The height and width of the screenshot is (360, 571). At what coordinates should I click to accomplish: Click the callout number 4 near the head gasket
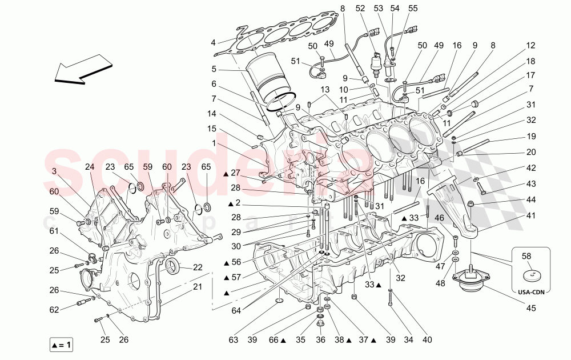pos(213,42)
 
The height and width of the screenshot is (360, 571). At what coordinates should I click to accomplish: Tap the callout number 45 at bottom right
pos(531,309)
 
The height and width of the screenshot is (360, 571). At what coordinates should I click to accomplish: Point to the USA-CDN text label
pos(531,292)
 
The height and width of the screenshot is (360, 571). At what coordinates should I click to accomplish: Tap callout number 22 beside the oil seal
pos(198,267)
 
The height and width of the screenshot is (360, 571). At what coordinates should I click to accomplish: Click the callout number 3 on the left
pos(54,171)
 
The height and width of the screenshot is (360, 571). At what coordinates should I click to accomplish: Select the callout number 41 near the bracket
pos(531,215)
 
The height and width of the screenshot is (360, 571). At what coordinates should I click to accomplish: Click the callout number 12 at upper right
pos(531,46)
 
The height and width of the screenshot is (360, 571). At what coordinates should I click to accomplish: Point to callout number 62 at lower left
pos(54,310)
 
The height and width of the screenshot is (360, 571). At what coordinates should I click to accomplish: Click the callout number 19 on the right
pos(531,137)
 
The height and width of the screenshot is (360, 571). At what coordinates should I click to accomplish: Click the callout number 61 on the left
pos(54,231)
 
